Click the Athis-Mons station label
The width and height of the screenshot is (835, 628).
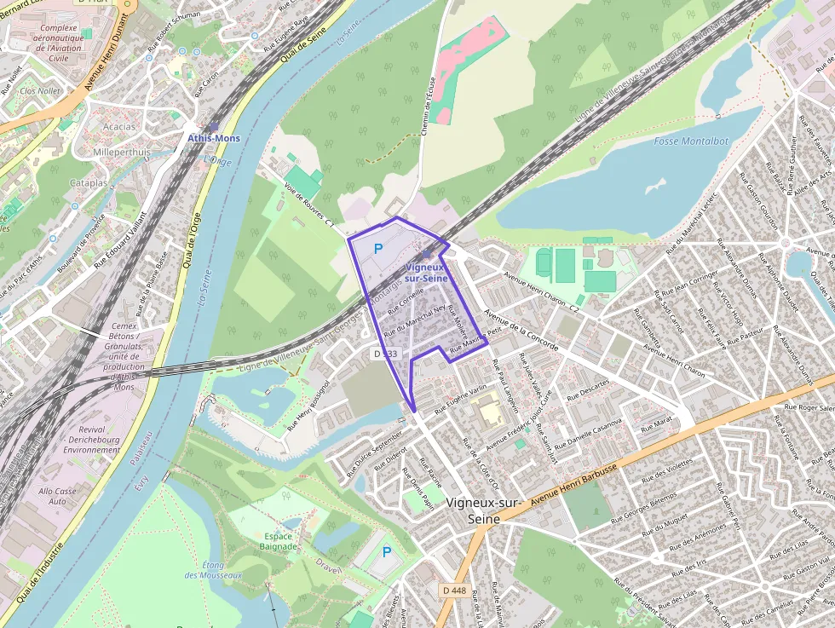coord(214,138)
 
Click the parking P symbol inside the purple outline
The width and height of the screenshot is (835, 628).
coord(377,251)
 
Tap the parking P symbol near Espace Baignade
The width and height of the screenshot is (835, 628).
coord(387,552)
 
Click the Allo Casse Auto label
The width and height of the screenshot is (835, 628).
coord(57,496)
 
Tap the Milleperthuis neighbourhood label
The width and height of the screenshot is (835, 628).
coord(121,153)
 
